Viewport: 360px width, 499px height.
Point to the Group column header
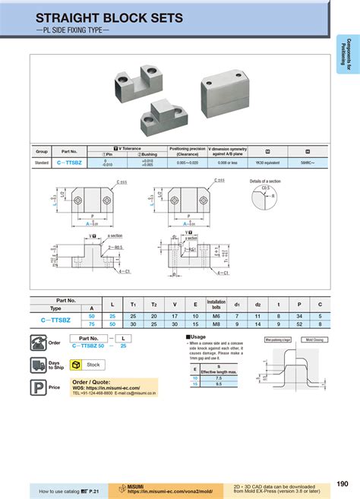pyautogui.click(x=42, y=150)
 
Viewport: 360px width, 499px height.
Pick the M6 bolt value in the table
pyautogui.click(x=216, y=315)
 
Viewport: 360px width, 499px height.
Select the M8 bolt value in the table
pyautogui.click(x=216, y=324)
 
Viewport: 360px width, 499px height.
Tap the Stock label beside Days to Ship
pyautogui.click(x=93, y=365)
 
